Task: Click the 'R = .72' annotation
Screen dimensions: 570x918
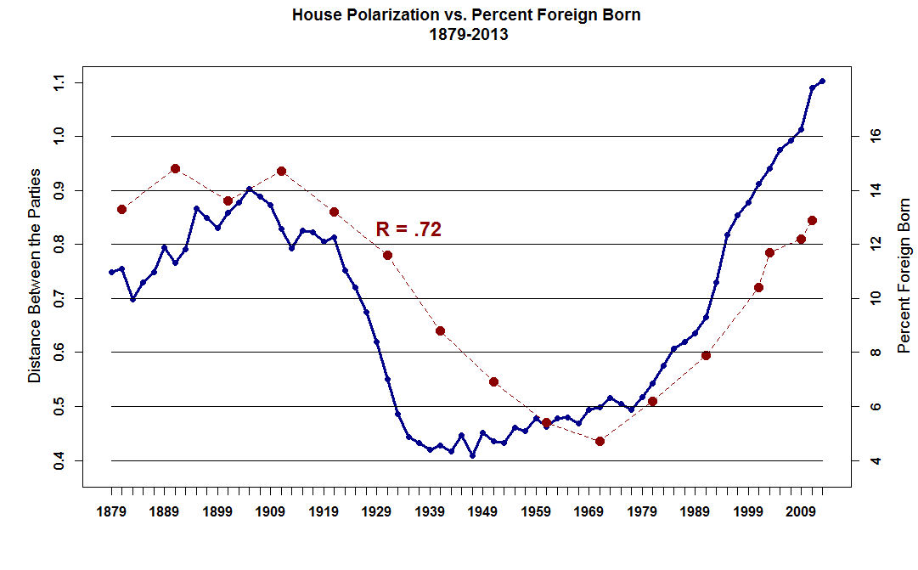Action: point(408,229)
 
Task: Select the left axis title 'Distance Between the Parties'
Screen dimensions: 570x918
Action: point(35,275)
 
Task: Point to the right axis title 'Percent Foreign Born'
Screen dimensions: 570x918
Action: point(904,275)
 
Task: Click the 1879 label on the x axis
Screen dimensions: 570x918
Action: point(111,511)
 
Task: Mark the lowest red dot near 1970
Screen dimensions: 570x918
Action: point(600,441)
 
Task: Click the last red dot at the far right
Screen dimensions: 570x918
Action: point(812,220)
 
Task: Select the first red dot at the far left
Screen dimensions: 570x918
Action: point(121,209)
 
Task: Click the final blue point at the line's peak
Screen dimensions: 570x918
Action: point(822,82)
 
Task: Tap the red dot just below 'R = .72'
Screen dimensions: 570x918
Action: point(387,255)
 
